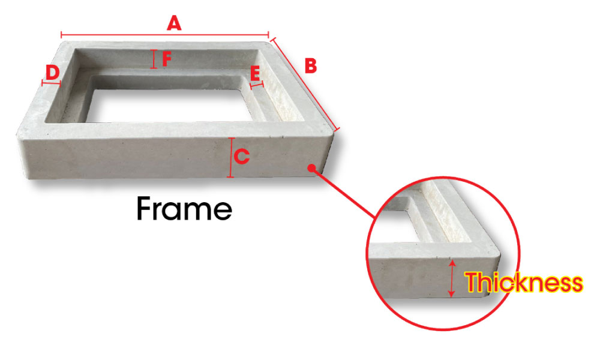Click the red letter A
pos(173,23)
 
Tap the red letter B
pos(310,65)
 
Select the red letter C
pos(242,157)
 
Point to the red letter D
pos(53,73)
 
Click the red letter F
pos(167,59)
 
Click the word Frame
pos(184,209)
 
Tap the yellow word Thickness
pos(524,283)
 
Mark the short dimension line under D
pos(52,83)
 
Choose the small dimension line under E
pos(257,85)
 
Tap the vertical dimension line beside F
pos(154,59)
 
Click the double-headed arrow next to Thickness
pos(452,278)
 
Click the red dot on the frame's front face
pos(311,168)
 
